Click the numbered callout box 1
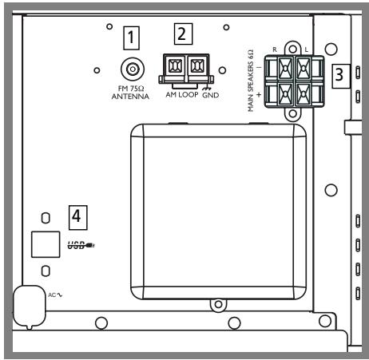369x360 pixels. [x=131, y=38]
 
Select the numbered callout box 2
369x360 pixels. [x=183, y=34]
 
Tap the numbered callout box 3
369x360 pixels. [x=341, y=76]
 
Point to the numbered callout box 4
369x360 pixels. [x=77, y=217]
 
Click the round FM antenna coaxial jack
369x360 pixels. [x=133, y=69]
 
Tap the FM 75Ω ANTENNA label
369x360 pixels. [x=130, y=93]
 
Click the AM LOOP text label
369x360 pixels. [x=182, y=94]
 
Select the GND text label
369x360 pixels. [x=211, y=95]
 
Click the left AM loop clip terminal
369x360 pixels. [x=175, y=65]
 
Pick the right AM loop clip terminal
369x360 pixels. [x=197, y=65]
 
